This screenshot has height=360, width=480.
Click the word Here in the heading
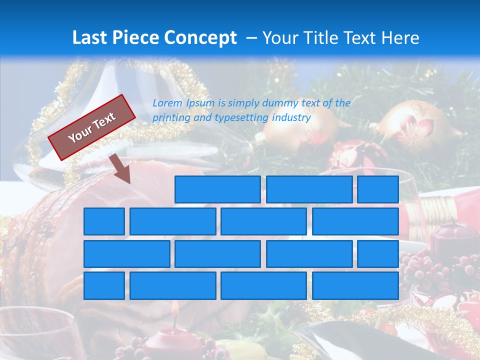coord(399,38)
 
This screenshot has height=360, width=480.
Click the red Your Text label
coord(92,127)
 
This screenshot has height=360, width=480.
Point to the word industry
coord(291,118)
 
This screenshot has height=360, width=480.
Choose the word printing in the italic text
coord(170,118)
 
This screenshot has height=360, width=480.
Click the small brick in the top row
coord(378,189)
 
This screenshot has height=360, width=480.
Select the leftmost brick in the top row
coord(217,189)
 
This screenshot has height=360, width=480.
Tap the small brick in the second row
coord(104,221)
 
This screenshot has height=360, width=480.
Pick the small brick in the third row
coord(378,253)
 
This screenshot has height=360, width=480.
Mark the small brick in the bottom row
coord(104,285)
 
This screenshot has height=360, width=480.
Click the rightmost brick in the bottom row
coord(355,285)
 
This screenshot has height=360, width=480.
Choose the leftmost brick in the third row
coord(126,253)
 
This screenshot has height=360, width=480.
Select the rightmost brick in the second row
coord(355,221)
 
